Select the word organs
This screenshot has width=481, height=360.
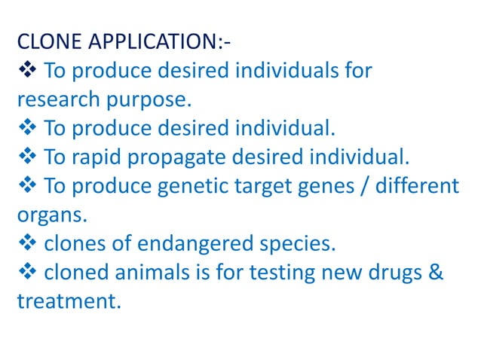49,216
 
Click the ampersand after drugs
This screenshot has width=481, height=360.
436,272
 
